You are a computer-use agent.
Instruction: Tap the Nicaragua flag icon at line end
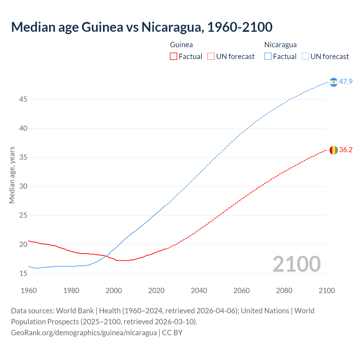[334, 82]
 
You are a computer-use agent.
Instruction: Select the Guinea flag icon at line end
[334, 150]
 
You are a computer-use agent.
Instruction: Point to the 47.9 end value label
[346, 82]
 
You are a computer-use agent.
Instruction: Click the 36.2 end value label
[346, 150]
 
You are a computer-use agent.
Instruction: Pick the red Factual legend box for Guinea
[174, 57]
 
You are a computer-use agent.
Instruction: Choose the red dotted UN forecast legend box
[211, 57]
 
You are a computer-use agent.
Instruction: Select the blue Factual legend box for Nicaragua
[268, 57]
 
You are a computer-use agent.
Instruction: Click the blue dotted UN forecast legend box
[305, 57]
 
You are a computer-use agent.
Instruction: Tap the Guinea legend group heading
[181, 45]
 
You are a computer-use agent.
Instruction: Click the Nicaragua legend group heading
[280, 45]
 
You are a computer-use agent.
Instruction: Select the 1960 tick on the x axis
[29, 291]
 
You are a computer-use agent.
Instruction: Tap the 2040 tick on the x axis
[199, 291]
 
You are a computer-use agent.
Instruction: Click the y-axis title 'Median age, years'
[12, 175]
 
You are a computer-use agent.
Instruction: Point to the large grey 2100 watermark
[296, 264]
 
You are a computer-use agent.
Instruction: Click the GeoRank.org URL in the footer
[84, 333]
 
